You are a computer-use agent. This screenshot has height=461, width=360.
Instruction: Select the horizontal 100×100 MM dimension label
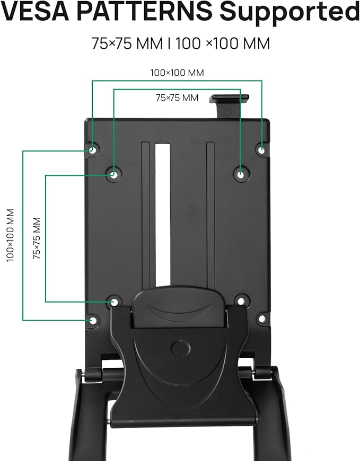coord(177,73)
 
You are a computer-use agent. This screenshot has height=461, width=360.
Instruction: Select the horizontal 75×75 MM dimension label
coord(177,98)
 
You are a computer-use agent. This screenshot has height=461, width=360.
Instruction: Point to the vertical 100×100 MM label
coord(10,235)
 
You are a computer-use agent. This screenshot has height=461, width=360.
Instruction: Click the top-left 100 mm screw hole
coord(92,150)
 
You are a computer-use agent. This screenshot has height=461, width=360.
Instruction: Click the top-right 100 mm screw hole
coord(261,150)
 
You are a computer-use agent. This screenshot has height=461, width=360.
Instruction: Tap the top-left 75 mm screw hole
coord(113,173)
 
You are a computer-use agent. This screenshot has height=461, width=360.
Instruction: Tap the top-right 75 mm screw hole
coord(240,173)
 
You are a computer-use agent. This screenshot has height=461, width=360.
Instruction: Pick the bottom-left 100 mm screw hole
coord(92,320)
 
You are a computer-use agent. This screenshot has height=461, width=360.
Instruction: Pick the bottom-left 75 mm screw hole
coord(114,302)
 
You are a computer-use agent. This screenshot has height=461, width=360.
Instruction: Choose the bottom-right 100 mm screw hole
coord(261,319)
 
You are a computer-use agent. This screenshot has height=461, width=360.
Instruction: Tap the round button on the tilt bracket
coord(181,348)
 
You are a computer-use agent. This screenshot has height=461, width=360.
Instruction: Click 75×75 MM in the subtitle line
coord(127,43)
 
